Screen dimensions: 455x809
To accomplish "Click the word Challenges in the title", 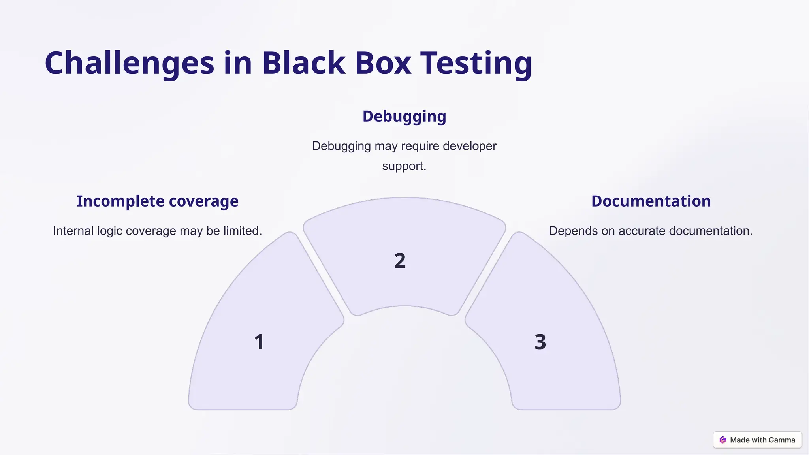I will coord(129,63).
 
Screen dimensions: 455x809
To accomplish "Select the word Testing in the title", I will coord(476,63).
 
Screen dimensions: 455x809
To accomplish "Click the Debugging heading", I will coord(404,116).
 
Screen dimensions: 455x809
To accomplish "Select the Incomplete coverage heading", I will coord(157,201).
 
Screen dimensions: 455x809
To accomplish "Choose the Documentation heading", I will coord(651,201).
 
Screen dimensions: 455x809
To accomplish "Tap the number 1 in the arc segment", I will coord(259,342).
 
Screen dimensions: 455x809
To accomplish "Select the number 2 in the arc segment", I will coord(400,261).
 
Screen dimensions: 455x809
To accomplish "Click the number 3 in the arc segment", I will coord(540,342).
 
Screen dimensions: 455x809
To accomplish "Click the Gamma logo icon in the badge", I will coord(723,440).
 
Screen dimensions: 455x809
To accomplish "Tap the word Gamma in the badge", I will coord(781,440).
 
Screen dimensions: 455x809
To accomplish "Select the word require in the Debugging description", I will coord(420,146).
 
